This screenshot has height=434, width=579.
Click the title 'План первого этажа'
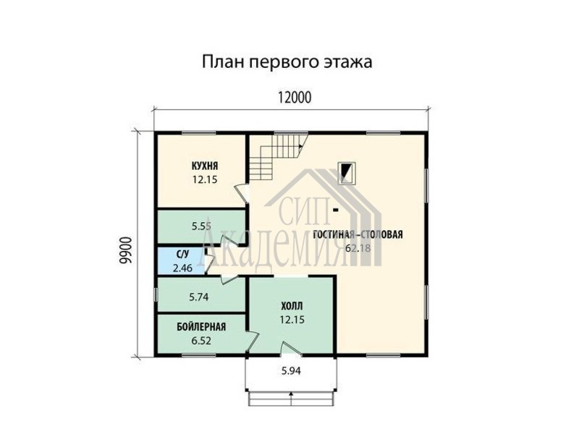[x=287, y=62]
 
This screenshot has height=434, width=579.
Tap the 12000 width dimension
[x=295, y=98]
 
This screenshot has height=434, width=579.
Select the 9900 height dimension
[x=125, y=250]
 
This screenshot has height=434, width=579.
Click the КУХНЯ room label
[x=205, y=166]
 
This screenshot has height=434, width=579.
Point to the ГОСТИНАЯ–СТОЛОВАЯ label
[x=358, y=234]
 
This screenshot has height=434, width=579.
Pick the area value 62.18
[x=358, y=248]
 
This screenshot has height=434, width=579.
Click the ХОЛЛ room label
[x=292, y=306]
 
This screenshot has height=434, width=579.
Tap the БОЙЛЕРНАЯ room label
[x=201, y=327]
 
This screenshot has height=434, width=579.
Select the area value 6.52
[x=201, y=340]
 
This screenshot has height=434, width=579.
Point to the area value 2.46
[x=182, y=268]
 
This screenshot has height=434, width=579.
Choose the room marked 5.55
[x=201, y=226]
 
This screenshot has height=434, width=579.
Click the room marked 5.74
[x=201, y=297]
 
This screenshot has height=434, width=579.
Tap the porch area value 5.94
[x=291, y=370]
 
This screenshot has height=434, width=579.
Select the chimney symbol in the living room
[x=347, y=173]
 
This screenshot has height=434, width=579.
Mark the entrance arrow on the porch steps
[x=292, y=399]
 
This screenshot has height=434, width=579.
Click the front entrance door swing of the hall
[x=291, y=349]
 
